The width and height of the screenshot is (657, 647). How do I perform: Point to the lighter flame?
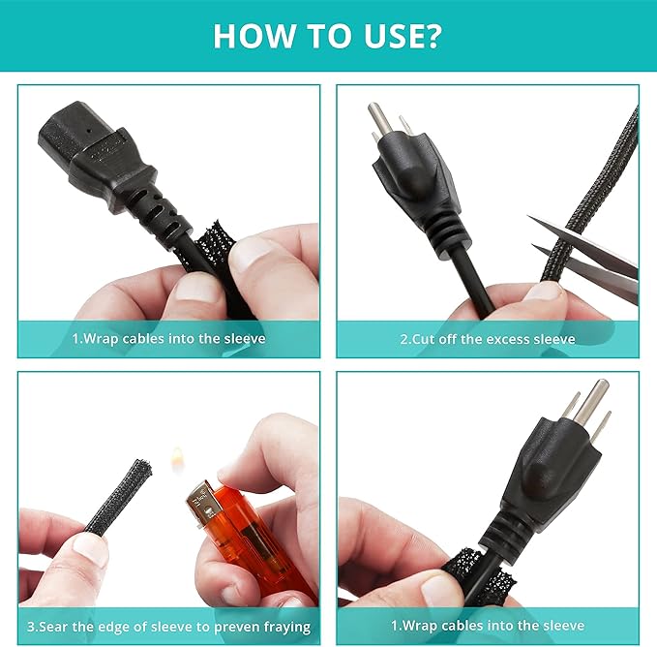pos(177,456)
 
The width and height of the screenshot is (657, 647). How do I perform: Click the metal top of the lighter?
pos(202,503)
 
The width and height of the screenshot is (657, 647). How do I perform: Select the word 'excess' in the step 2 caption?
pos(503,339)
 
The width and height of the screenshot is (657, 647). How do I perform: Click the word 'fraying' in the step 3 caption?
pos(287,628)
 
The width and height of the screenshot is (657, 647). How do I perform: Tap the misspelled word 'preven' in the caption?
pos(237,629)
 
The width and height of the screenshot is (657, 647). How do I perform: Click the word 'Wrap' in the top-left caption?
pos(101,339)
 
